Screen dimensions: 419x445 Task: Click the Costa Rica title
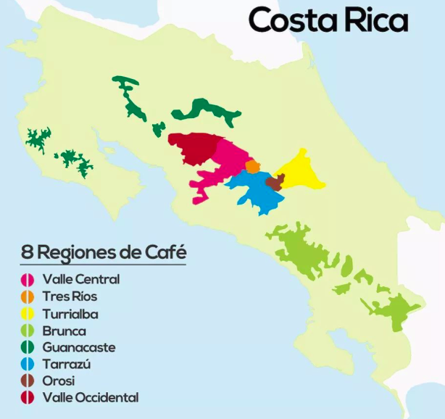click(x=328, y=21)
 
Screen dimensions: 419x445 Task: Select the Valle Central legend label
click(x=81, y=279)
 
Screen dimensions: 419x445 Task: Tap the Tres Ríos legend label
click(x=70, y=296)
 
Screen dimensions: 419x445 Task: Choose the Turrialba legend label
click(x=70, y=314)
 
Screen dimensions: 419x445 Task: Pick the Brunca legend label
click(x=65, y=331)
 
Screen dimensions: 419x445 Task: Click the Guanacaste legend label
click(x=79, y=347)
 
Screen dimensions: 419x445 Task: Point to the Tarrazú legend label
click(x=67, y=364)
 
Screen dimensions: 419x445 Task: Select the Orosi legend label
click(x=59, y=381)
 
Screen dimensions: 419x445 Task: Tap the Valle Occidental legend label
click(x=91, y=397)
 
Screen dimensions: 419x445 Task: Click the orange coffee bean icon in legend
click(x=28, y=296)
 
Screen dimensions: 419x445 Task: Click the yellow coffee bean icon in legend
click(x=28, y=314)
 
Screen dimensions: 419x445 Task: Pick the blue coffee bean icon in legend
click(x=28, y=364)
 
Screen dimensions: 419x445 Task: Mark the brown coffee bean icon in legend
click(x=28, y=381)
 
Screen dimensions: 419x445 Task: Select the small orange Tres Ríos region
click(x=252, y=167)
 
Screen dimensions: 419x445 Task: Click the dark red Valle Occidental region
click(x=192, y=149)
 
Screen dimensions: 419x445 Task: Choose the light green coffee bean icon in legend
click(x=28, y=331)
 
